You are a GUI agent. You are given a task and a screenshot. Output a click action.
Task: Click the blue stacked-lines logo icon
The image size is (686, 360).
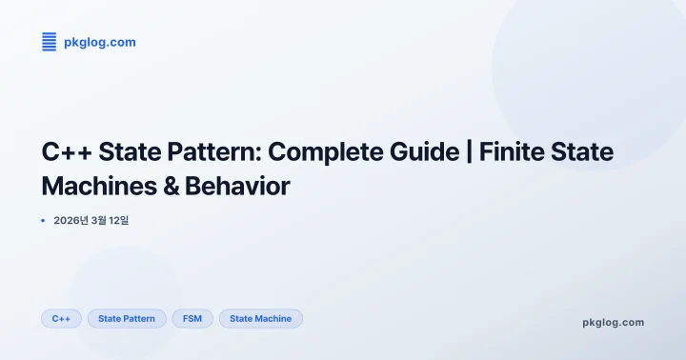click(50, 41)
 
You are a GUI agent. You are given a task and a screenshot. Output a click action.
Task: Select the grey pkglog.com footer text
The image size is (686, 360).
click(613, 322)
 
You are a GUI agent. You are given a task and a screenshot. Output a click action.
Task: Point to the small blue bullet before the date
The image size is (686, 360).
click(44, 221)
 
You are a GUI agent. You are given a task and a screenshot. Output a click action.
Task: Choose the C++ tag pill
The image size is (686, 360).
click(62, 318)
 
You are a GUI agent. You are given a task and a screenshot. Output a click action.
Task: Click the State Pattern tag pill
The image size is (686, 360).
click(127, 318)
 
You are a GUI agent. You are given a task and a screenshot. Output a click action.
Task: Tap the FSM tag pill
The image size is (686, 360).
click(192, 318)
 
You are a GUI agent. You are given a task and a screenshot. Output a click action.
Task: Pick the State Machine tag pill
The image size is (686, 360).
click(260, 318)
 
